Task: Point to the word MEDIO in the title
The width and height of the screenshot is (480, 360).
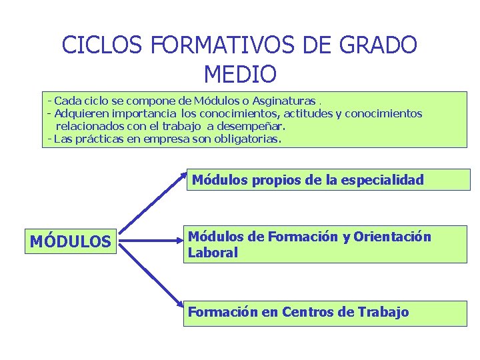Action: coord(240,73)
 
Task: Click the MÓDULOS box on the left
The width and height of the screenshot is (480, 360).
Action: coord(71,241)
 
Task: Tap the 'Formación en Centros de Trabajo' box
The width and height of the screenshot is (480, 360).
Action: coord(325,313)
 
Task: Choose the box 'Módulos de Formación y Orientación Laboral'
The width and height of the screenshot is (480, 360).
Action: coord(325,244)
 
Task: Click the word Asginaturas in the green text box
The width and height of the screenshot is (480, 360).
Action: coord(287,101)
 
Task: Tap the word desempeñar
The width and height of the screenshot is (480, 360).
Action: coord(251,126)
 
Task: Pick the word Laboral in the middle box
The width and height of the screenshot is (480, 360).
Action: coord(213,253)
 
